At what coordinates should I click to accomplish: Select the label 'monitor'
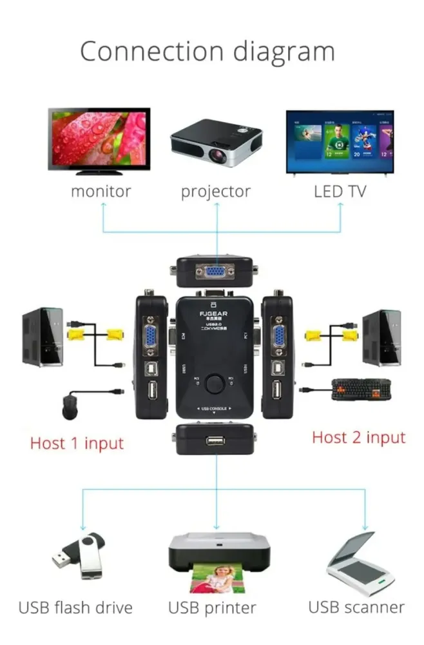tap(101, 191)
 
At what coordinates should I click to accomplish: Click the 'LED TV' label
tap(340, 191)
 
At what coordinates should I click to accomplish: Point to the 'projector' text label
tap(215, 192)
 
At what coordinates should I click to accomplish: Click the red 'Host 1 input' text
tap(77, 443)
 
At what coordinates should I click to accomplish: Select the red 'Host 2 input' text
tap(359, 437)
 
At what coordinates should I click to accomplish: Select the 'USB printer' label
tap(212, 607)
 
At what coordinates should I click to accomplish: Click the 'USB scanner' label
tap(356, 606)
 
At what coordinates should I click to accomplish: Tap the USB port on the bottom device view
tap(216, 442)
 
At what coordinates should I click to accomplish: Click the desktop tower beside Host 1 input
tap(43, 337)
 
